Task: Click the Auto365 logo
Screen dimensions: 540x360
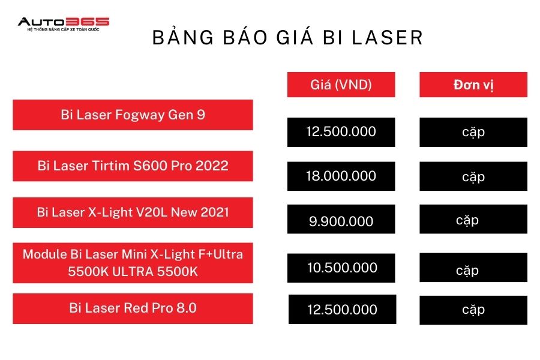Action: coord(64,24)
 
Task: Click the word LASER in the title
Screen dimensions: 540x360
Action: coord(388,38)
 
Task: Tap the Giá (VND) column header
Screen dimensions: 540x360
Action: coord(341,85)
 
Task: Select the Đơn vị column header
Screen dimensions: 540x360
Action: coord(473,85)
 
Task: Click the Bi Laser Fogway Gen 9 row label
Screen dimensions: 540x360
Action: coord(133,115)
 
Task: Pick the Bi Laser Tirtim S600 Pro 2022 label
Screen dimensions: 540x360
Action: coord(133,166)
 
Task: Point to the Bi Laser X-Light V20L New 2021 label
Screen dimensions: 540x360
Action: coord(133,212)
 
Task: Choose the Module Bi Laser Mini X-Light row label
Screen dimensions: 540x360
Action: coord(133,263)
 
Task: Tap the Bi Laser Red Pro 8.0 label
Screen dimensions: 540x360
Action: coord(133,308)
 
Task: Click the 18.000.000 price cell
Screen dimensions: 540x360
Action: coord(341,176)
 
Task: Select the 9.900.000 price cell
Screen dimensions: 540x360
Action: coord(341,219)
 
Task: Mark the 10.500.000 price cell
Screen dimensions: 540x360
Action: coord(341,268)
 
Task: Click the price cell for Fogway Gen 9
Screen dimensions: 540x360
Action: coord(341,132)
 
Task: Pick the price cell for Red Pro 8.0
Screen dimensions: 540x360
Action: coord(343,310)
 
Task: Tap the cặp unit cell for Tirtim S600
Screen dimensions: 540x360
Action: coord(473,176)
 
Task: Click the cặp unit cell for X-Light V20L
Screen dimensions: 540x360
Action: coord(473,219)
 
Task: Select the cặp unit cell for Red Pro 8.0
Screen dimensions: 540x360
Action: coord(473,310)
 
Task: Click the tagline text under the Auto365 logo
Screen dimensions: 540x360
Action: coord(64,29)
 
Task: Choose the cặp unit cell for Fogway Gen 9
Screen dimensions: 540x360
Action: coord(473,132)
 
